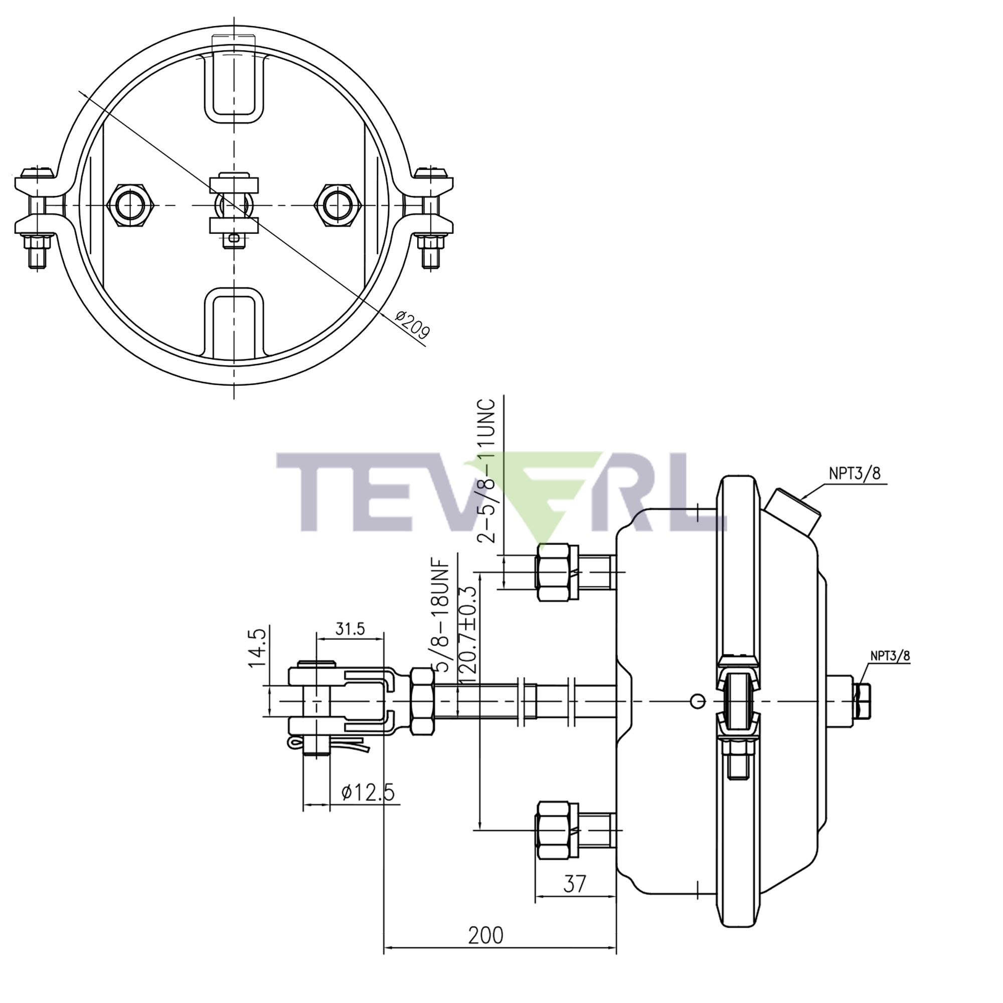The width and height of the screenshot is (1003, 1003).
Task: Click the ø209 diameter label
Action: pyautogui.click(x=413, y=325)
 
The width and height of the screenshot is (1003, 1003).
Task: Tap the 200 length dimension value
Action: pyautogui.click(x=485, y=935)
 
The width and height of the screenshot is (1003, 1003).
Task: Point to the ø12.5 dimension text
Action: pyautogui.click(x=368, y=792)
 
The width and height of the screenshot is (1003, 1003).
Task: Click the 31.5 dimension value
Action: pyautogui.click(x=350, y=629)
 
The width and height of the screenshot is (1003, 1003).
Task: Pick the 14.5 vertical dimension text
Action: pyautogui.click(x=257, y=648)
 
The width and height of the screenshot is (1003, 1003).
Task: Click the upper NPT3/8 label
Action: pyautogui.click(x=855, y=473)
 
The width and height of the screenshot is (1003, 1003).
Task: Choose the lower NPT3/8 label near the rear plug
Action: pyautogui.click(x=890, y=655)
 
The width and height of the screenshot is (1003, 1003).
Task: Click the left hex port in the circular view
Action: pyautogui.click(x=130, y=205)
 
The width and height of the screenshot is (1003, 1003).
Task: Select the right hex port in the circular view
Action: pyautogui.click(x=339, y=205)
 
